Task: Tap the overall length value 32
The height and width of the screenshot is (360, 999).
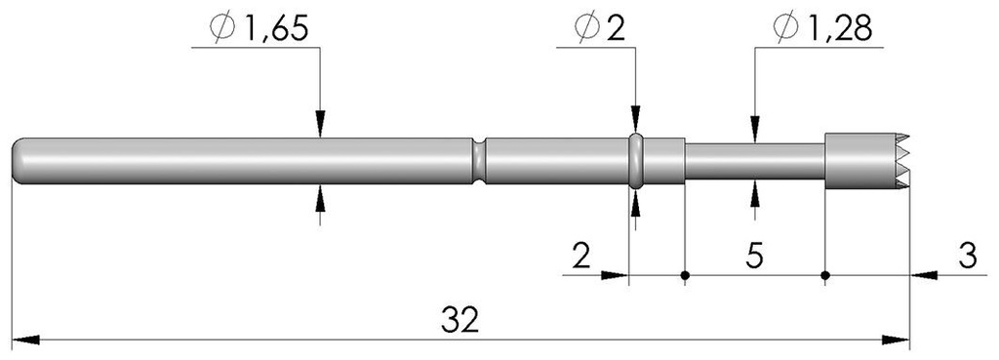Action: point(459,320)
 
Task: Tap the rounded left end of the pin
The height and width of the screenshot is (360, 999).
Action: point(20,159)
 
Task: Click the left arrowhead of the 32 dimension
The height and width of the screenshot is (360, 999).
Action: point(23,340)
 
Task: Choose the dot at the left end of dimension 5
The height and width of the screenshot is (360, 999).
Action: point(685,275)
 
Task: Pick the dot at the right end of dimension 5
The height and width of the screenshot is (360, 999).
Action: point(825,275)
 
